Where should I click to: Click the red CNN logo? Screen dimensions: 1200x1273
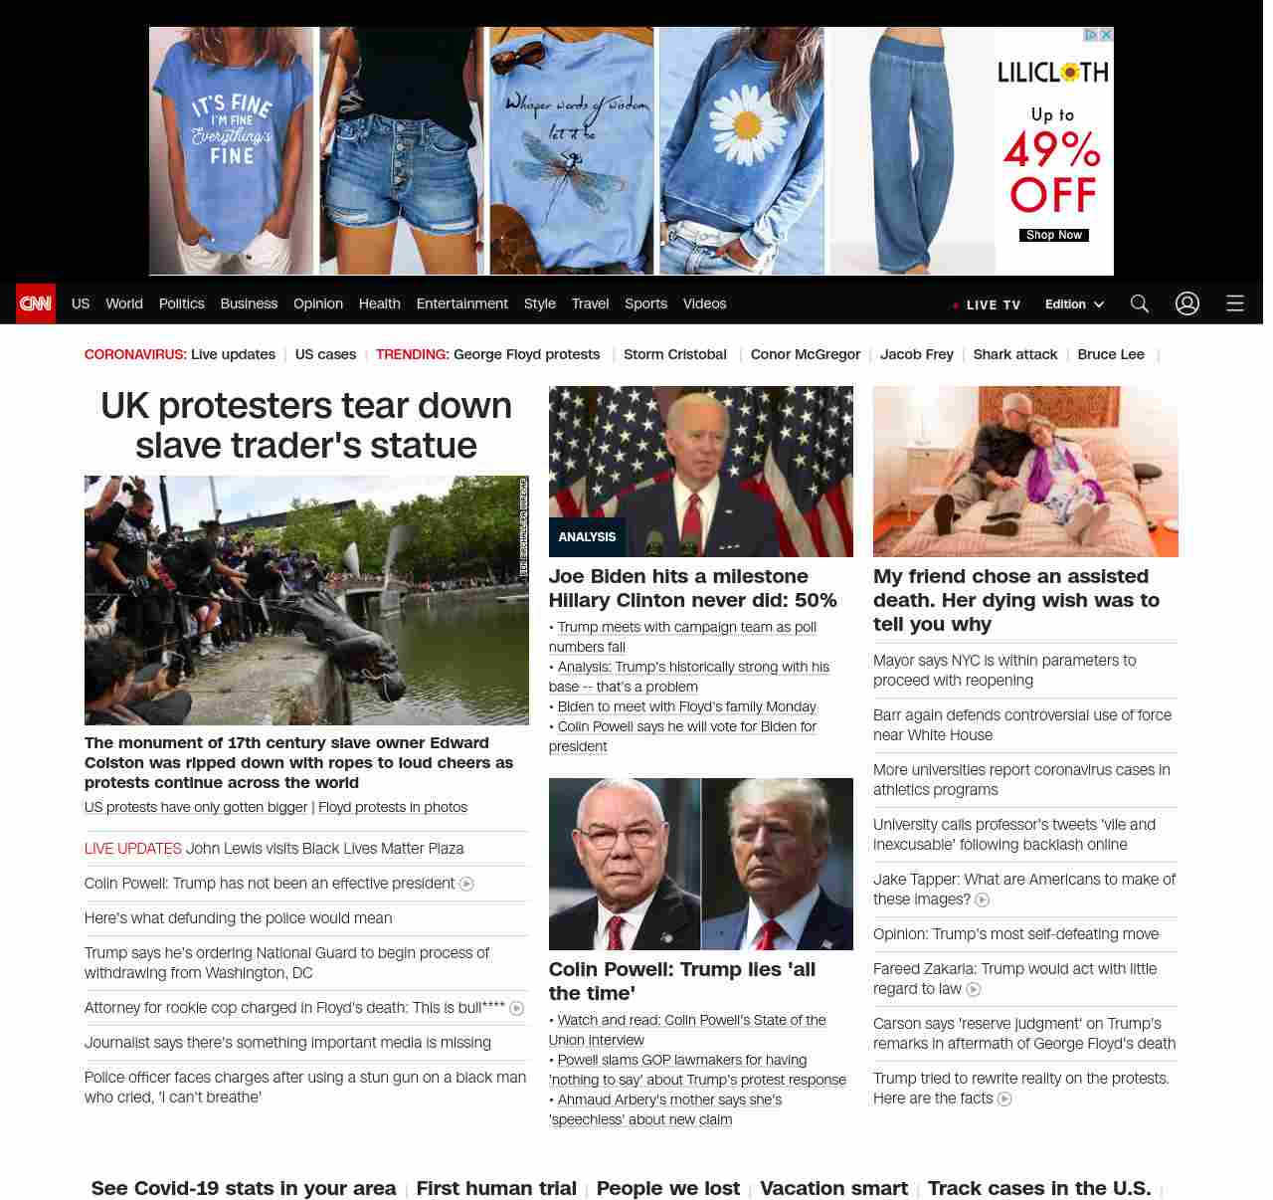pyautogui.click(x=36, y=303)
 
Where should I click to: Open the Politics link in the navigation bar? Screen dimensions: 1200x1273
pyautogui.click(x=181, y=303)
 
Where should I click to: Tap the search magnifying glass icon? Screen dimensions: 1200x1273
pyautogui.click(x=1140, y=303)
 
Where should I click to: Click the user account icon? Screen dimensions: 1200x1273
pyautogui.click(x=1187, y=303)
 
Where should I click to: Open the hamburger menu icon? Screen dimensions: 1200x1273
pyautogui.click(x=1235, y=303)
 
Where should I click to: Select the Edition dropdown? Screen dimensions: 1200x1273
pyautogui.click(x=1074, y=303)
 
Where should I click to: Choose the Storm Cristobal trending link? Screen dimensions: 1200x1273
pyautogui.click(x=674, y=354)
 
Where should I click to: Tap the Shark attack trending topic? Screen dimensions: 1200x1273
pyautogui.click(x=1014, y=354)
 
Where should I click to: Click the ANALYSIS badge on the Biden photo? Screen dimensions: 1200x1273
pyautogui.click(x=587, y=536)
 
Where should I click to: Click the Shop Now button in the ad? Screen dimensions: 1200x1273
pyautogui.click(x=1053, y=235)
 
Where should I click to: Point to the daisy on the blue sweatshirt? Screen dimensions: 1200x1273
pyautogui.click(x=747, y=125)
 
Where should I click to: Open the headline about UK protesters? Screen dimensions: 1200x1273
pyautogui.click(x=306, y=425)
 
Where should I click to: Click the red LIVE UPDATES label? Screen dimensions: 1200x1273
pyautogui.click(x=133, y=849)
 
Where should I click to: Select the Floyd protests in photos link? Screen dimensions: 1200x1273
pyautogui.click(x=393, y=807)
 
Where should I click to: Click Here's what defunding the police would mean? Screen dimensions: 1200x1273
pyautogui.click(x=239, y=918)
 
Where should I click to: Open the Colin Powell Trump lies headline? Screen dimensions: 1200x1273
pyautogui.click(x=682, y=981)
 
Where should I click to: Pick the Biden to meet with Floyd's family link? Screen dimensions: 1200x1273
pyautogui.click(x=686, y=706)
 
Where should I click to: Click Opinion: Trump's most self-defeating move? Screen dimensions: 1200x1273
pyautogui.click(x=1015, y=934)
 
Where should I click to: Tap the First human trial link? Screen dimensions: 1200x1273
pyautogui.click(x=496, y=1188)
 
